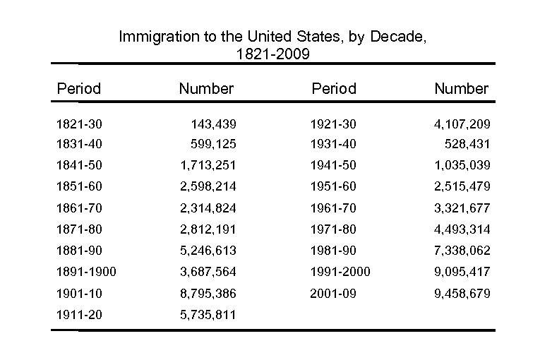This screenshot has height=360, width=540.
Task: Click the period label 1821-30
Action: coord(79,124)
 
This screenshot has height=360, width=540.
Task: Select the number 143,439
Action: coord(213,124)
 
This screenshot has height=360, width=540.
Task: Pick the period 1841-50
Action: coord(79,165)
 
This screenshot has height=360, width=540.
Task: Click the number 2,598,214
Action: coord(208,186)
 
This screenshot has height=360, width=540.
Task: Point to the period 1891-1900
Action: coord(86,272)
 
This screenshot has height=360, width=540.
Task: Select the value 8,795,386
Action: coord(208,293)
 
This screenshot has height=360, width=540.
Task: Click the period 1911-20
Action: coord(79,315)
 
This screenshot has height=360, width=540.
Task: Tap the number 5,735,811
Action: coord(208,315)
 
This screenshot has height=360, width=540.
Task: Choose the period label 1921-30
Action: coord(333,124)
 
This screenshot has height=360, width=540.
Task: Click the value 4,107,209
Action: coord(462,124)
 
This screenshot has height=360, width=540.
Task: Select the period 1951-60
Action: coord(333,186)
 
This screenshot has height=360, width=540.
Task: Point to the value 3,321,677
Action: coord(462,208)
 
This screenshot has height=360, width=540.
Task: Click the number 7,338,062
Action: coord(462,251)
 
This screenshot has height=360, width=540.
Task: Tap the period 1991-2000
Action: coord(340,272)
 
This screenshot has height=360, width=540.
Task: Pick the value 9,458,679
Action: coord(462,293)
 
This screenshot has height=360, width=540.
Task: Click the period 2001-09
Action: coord(333,293)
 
